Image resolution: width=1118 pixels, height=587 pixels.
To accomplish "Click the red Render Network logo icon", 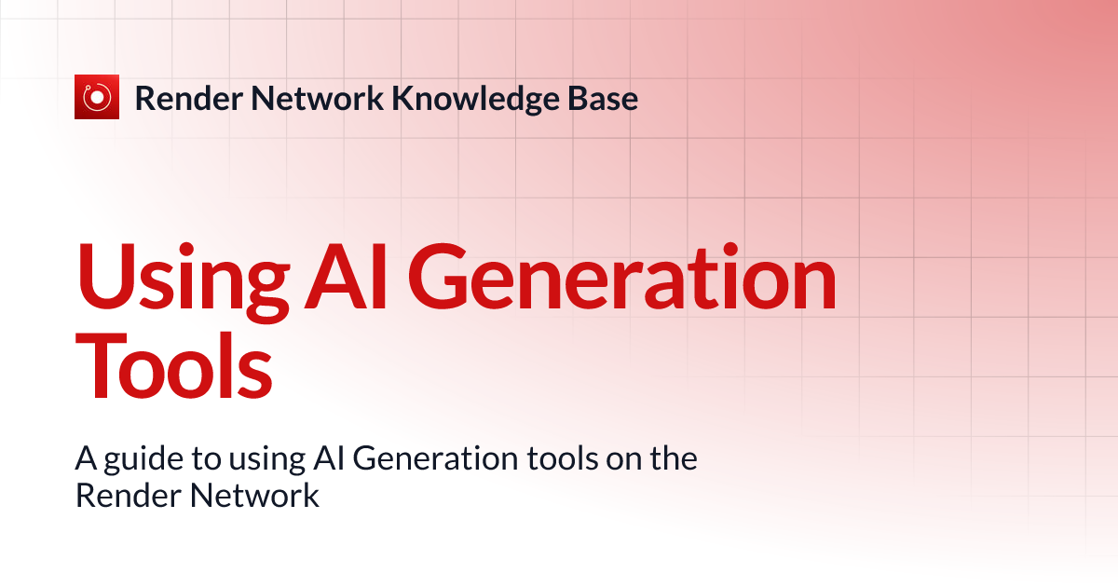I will (x=97, y=97).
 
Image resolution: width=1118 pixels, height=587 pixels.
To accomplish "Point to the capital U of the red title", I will (x=104, y=270).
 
